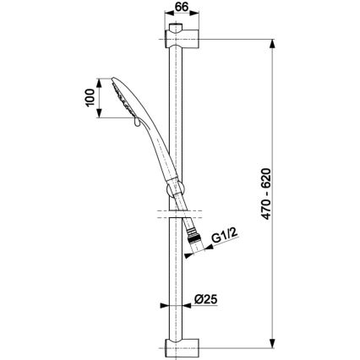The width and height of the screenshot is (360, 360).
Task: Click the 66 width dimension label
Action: tap(182, 7)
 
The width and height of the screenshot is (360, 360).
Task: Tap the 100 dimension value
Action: tap(90, 98)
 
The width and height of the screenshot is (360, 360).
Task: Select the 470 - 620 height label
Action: tap(266, 194)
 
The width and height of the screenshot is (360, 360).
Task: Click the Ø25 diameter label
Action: tap(205, 299)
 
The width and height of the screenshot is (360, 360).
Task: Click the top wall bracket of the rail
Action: tap(183, 37)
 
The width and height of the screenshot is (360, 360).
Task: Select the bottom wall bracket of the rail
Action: tap(183, 348)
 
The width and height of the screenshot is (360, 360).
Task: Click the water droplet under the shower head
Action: tap(136, 123)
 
